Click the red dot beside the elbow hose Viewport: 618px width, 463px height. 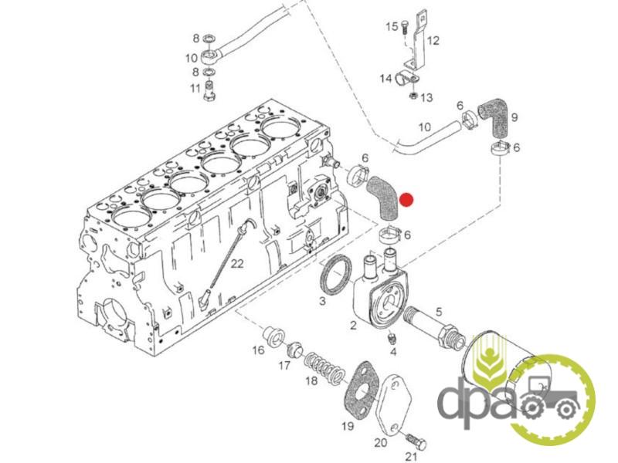(406, 200)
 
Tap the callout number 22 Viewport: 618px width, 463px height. (237, 263)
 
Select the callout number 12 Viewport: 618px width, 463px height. (433, 40)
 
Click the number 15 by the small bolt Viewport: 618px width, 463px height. (392, 26)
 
